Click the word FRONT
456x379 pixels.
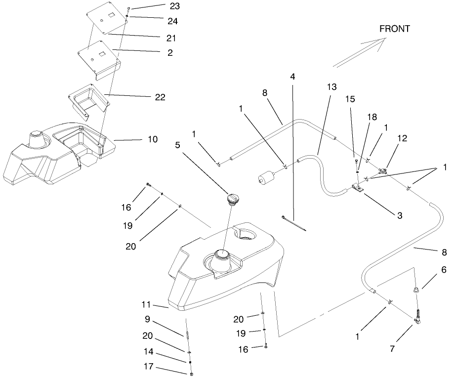point(394,29)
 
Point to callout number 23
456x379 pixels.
point(160,6)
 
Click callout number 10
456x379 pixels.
point(152,139)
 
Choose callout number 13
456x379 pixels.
point(331,87)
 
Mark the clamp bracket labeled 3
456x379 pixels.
point(358,188)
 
